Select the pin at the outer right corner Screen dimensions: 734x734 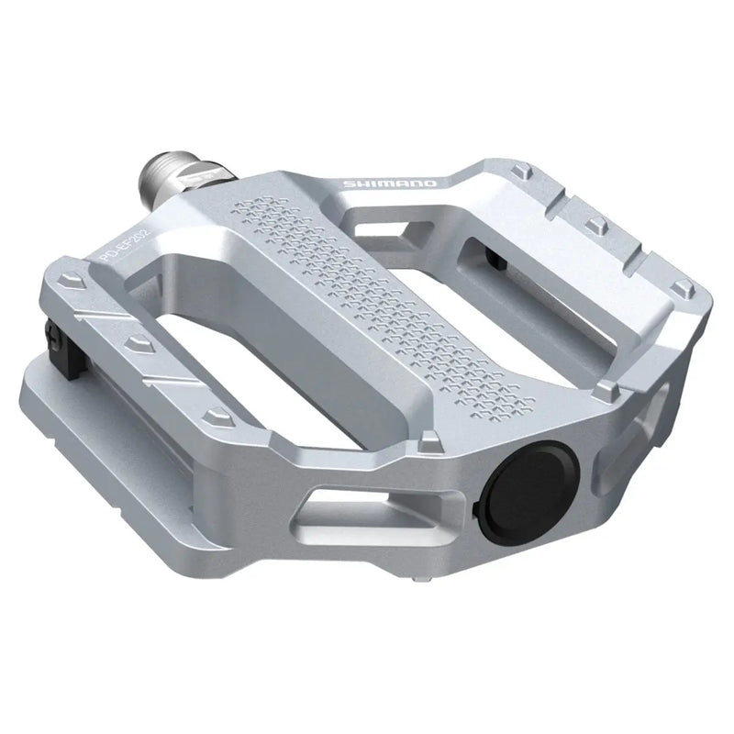pyautogui.click(x=681, y=290)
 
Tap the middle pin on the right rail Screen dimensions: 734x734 pyautogui.click(x=596, y=223)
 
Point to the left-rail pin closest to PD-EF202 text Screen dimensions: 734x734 pyautogui.click(x=69, y=292)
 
